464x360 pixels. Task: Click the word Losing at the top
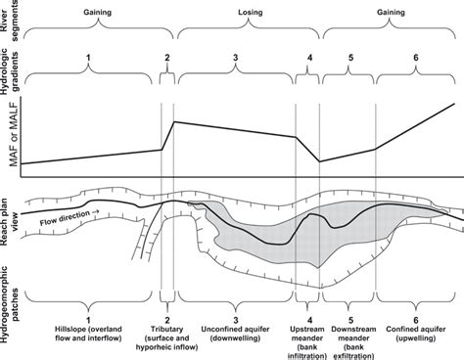(250, 13)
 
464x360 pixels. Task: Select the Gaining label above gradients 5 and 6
(391, 13)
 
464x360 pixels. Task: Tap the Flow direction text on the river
(65, 218)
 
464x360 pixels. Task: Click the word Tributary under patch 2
(166, 330)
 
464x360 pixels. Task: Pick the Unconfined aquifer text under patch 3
(235, 330)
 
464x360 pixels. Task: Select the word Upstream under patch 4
(307, 330)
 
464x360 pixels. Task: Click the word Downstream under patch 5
(353, 330)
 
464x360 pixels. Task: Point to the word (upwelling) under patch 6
(416, 338)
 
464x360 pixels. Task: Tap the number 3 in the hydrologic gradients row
(235, 58)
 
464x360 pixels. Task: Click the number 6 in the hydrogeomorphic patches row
(416, 320)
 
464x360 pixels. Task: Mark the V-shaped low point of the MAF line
(319, 161)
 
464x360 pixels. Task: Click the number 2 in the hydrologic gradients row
(167, 58)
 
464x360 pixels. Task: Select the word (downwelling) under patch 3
(235, 338)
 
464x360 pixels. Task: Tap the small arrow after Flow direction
(96, 212)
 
